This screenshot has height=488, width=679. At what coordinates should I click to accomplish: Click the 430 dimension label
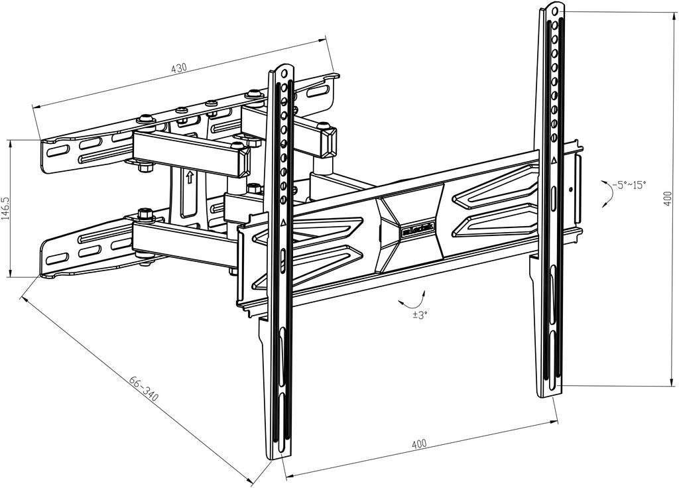point(179,68)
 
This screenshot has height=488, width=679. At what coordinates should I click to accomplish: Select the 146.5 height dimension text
point(6,208)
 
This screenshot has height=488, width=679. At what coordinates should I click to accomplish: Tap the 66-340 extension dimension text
point(144,391)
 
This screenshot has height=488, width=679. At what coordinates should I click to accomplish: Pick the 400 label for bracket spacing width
point(419,444)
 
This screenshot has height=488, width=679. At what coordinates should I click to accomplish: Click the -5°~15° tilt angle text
point(629,184)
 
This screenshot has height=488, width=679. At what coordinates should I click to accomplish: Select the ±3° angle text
point(419,315)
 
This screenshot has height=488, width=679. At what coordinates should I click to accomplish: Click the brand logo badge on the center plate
point(418,229)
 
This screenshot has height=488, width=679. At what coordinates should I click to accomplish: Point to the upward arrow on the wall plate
point(190,177)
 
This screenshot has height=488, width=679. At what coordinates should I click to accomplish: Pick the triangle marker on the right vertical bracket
point(554,160)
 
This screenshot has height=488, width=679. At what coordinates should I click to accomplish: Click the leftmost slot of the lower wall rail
point(57,258)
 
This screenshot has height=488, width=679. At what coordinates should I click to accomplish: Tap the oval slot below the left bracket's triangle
point(283,255)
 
